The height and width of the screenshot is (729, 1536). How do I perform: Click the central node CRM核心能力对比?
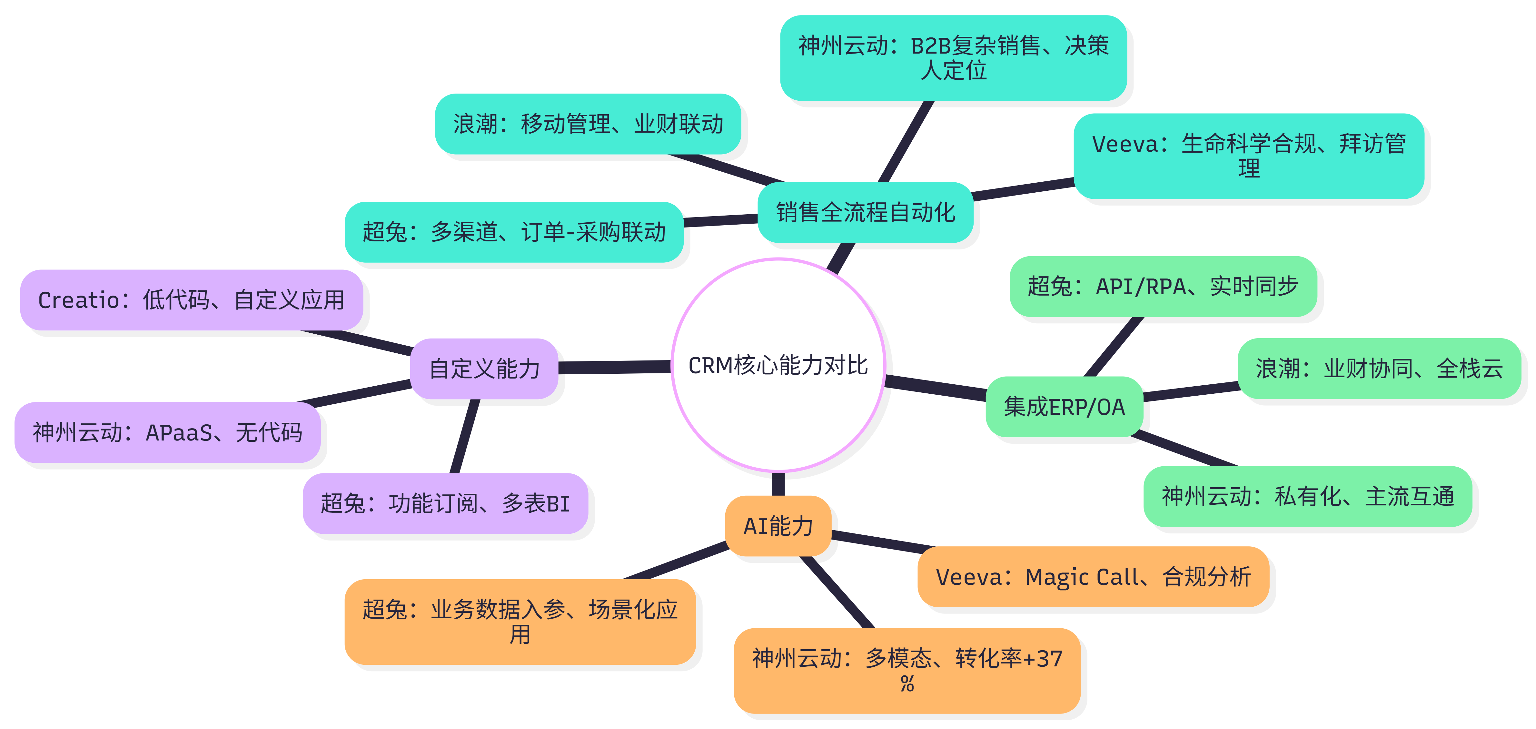778,365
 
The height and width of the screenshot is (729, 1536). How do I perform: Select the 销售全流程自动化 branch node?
865,212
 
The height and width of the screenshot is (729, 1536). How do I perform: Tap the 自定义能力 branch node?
484,369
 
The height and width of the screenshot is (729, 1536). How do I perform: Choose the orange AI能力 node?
778,526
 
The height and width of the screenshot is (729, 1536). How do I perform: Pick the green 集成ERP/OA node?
1064,407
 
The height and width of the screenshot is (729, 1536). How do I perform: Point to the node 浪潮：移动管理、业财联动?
588,124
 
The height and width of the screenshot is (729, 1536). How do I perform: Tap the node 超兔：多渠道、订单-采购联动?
514,232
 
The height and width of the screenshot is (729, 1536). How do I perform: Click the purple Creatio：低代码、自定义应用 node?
192,300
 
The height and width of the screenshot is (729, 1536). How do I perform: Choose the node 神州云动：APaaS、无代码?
168,432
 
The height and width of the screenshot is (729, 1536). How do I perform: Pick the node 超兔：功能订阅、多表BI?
445,503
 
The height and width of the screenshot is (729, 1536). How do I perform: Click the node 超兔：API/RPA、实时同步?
1163,286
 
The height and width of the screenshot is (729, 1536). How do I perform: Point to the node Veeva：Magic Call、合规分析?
1093,577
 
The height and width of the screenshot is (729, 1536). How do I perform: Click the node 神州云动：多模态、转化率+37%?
907,671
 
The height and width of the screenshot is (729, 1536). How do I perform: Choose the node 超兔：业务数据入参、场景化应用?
520,622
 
